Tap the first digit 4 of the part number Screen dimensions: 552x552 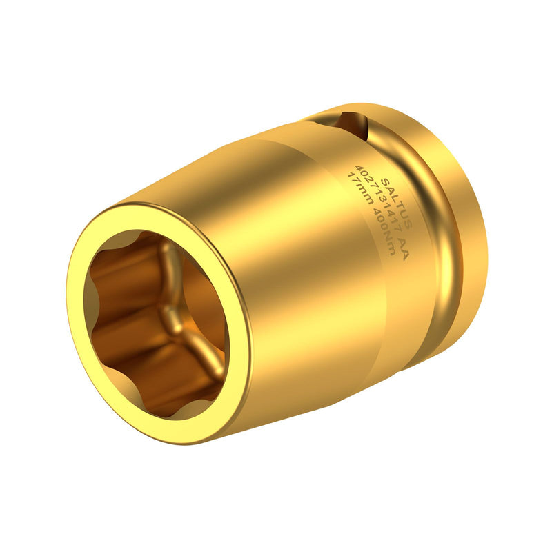tap(359, 167)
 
